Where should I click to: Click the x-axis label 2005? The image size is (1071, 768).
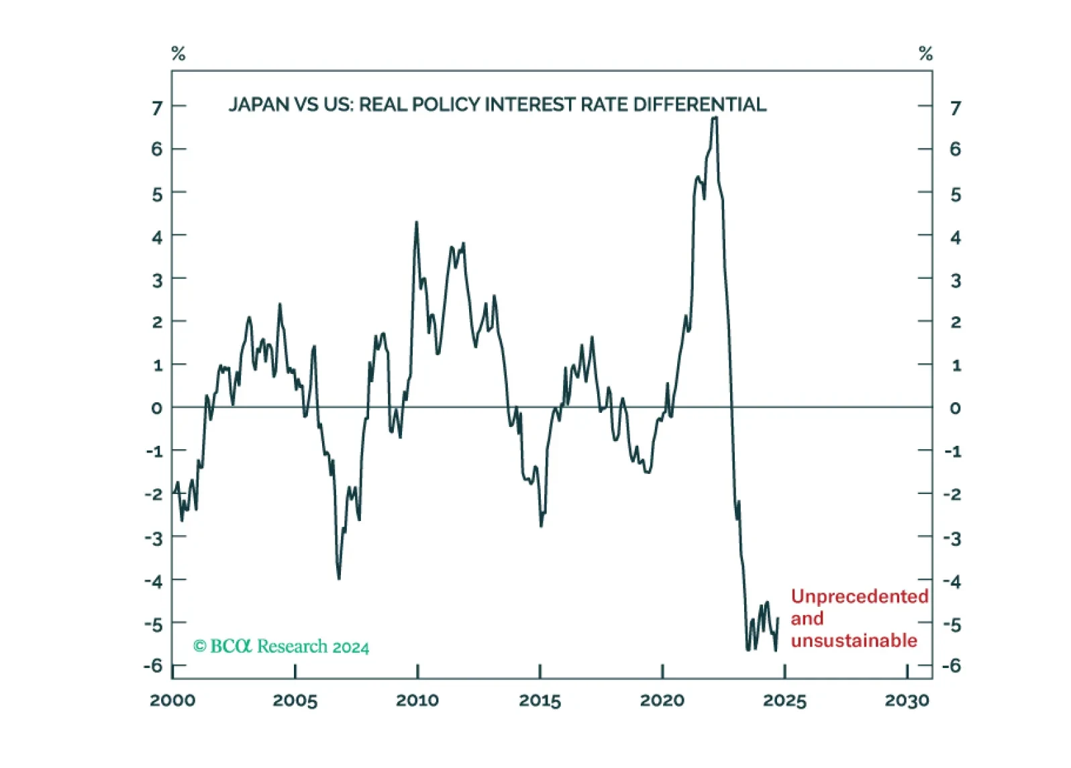295,701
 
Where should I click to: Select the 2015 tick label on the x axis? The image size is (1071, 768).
540,701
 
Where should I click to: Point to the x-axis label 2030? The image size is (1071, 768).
907,701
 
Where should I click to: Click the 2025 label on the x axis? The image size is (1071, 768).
784,701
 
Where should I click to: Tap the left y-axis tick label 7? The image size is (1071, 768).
157,109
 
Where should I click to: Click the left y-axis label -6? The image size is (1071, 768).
154,666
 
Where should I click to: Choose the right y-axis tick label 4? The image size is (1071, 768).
956,238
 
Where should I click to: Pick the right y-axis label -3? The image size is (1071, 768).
952,539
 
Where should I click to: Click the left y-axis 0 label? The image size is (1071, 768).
157,409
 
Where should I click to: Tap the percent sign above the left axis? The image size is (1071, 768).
178,53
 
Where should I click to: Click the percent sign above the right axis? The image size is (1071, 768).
925,53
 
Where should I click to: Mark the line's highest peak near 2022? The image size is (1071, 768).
714,117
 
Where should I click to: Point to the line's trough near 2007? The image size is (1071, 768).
339,579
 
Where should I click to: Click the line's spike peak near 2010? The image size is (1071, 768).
417,222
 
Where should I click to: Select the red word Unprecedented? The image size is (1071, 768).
860,597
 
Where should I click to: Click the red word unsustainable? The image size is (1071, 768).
854,641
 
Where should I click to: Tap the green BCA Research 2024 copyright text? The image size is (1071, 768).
281,646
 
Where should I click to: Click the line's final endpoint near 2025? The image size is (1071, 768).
778,618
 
